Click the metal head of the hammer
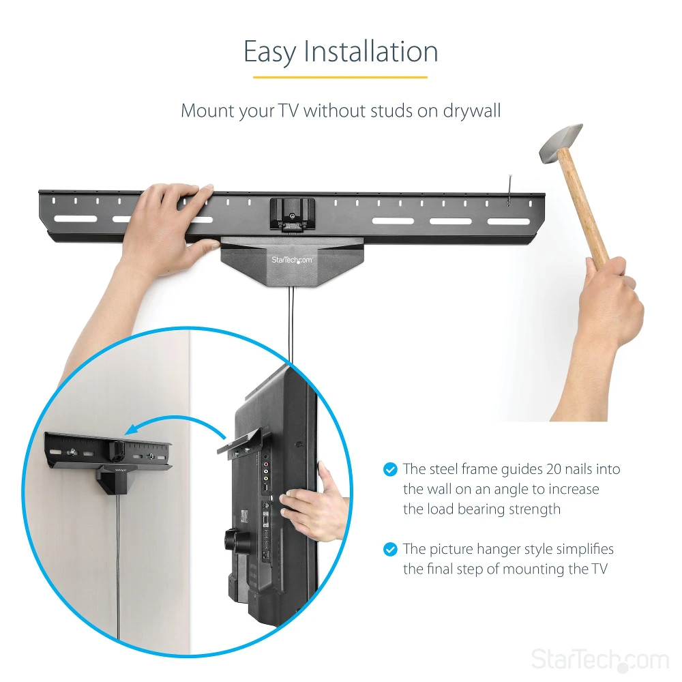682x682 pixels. [561, 143]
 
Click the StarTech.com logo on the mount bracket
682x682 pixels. [292, 260]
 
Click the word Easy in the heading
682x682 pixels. [269, 53]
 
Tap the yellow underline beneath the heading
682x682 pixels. [340, 78]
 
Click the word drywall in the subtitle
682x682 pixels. [472, 110]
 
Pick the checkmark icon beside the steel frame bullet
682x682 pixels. [390, 469]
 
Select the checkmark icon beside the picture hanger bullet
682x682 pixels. [390, 549]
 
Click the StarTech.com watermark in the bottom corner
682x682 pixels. [599, 659]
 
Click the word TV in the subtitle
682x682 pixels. [288, 110]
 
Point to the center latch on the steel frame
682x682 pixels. [292, 214]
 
